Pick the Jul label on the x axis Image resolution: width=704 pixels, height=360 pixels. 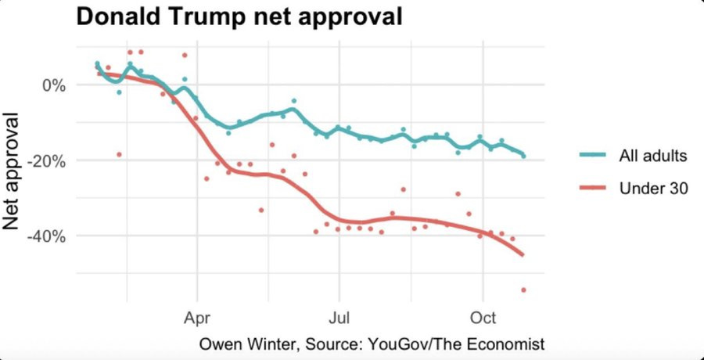tap(339, 320)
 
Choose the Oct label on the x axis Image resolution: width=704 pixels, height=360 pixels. tap(483, 320)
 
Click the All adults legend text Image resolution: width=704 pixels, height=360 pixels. tap(652, 156)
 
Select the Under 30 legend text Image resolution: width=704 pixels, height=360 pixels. tap(652, 189)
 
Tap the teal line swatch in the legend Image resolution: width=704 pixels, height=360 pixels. tap(594, 156)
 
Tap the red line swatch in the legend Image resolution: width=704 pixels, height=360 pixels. tap(594, 189)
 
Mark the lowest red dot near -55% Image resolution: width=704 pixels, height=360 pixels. tap(523, 290)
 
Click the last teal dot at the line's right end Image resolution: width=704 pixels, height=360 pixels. tap(523, 156)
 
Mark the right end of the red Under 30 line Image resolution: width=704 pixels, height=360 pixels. tap(523, 254)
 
